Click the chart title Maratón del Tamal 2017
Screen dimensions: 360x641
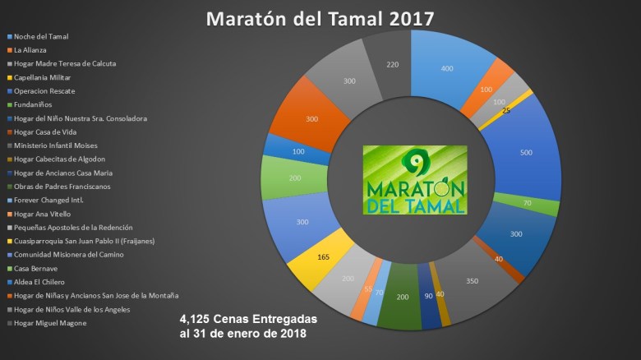coord(320,17)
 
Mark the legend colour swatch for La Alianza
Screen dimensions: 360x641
coord(10,50)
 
